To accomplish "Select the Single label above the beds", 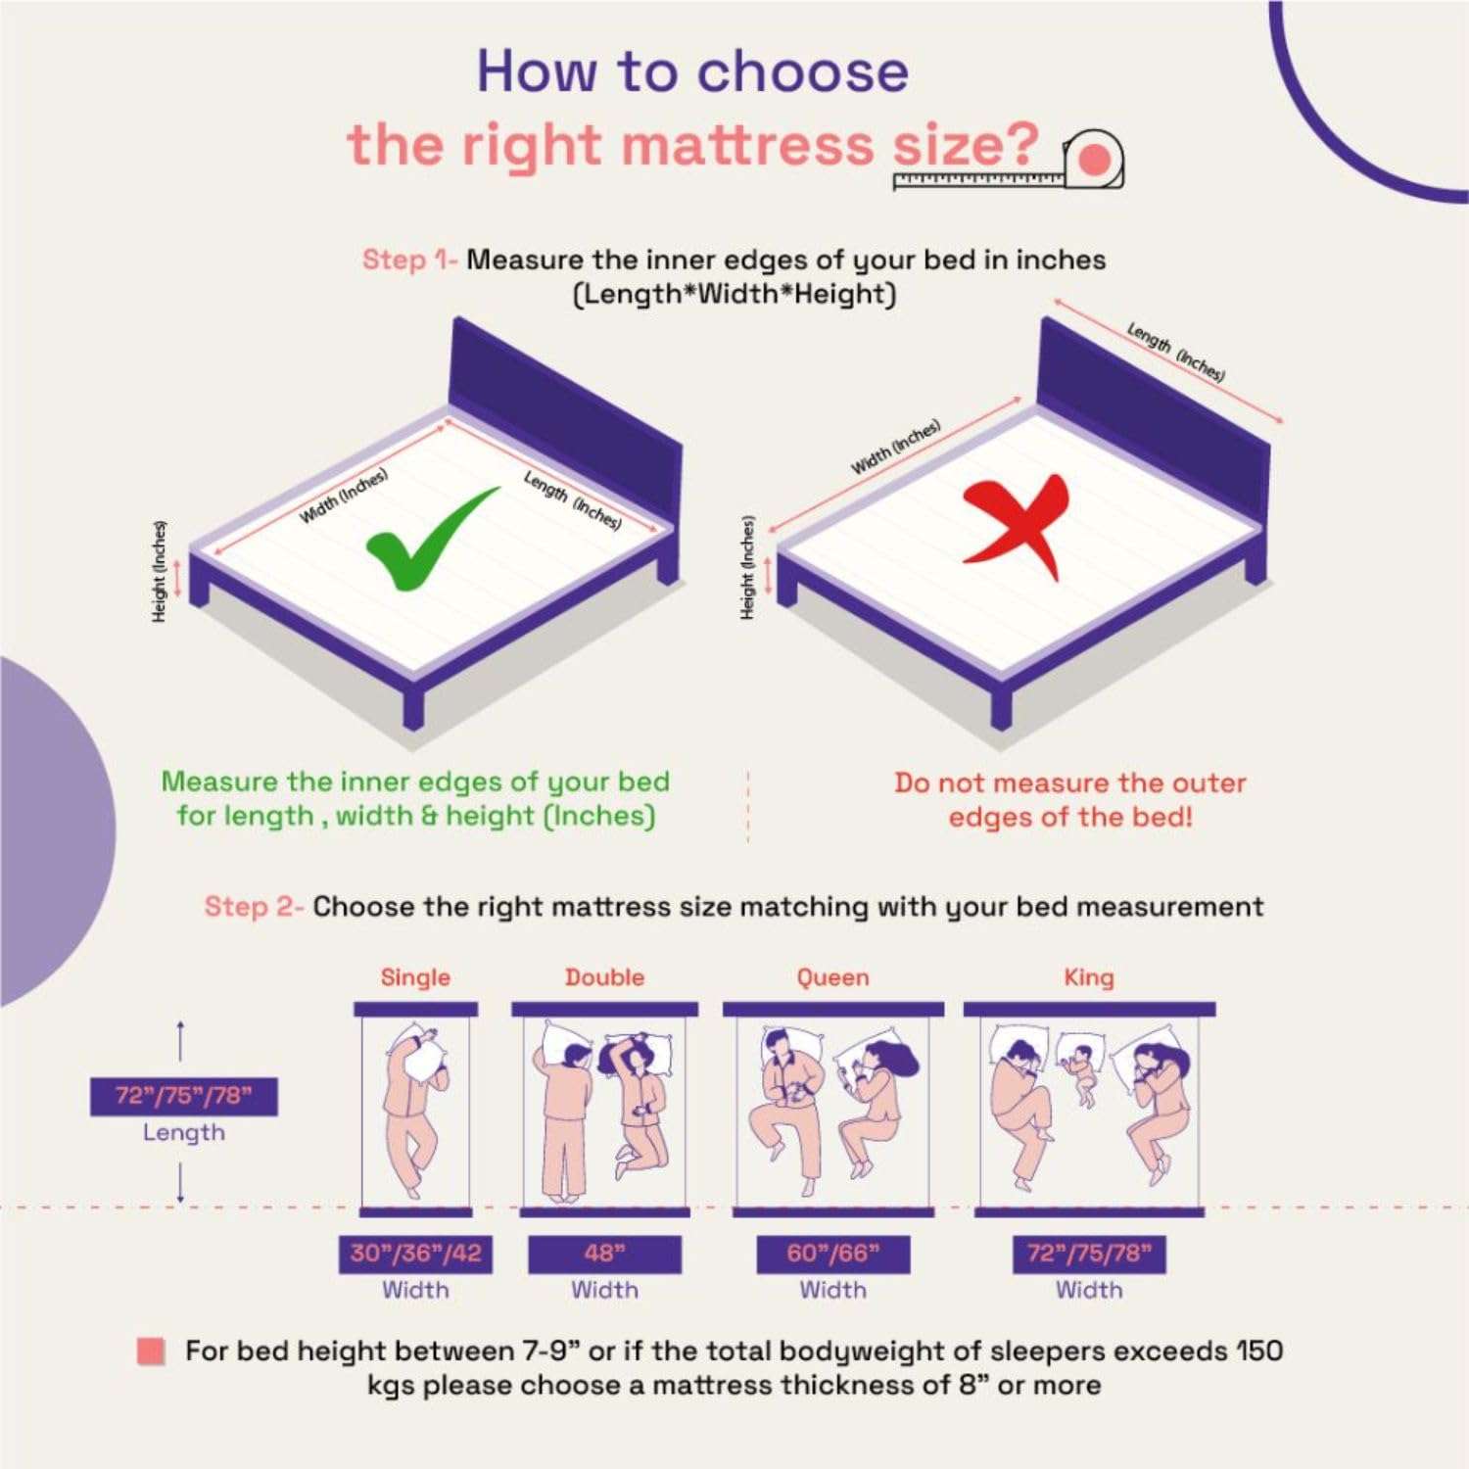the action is pyautogui.click(x=415, y=977).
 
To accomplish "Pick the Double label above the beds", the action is pyautogui.click(x=604, y=977).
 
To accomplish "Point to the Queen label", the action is pyautogui.click(x=832, y=977).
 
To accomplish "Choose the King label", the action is pyautogui.click(x=1089, y=977).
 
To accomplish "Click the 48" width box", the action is pyautogui.click(x=604, y=1255).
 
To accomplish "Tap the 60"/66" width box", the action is pyautogui.click(x=833, y=1255).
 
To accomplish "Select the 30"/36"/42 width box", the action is pyautogui.click(x=415, y=1255).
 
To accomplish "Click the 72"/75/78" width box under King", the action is pyautogui.click(x=1089, y=1255).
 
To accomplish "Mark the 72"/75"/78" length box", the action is pyautogui.click(x=184, y=1097).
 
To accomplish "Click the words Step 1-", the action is pyautogui.click(x=409, y=260).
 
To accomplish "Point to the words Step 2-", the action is pyautogui.click(x=254, y=907).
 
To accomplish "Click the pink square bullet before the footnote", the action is pyautogui.click(x=151, y=1352).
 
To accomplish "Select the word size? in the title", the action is pyautogui.click(x=966, y=145).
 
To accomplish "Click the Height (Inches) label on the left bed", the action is pyautogui.click(x=159, y=571).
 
